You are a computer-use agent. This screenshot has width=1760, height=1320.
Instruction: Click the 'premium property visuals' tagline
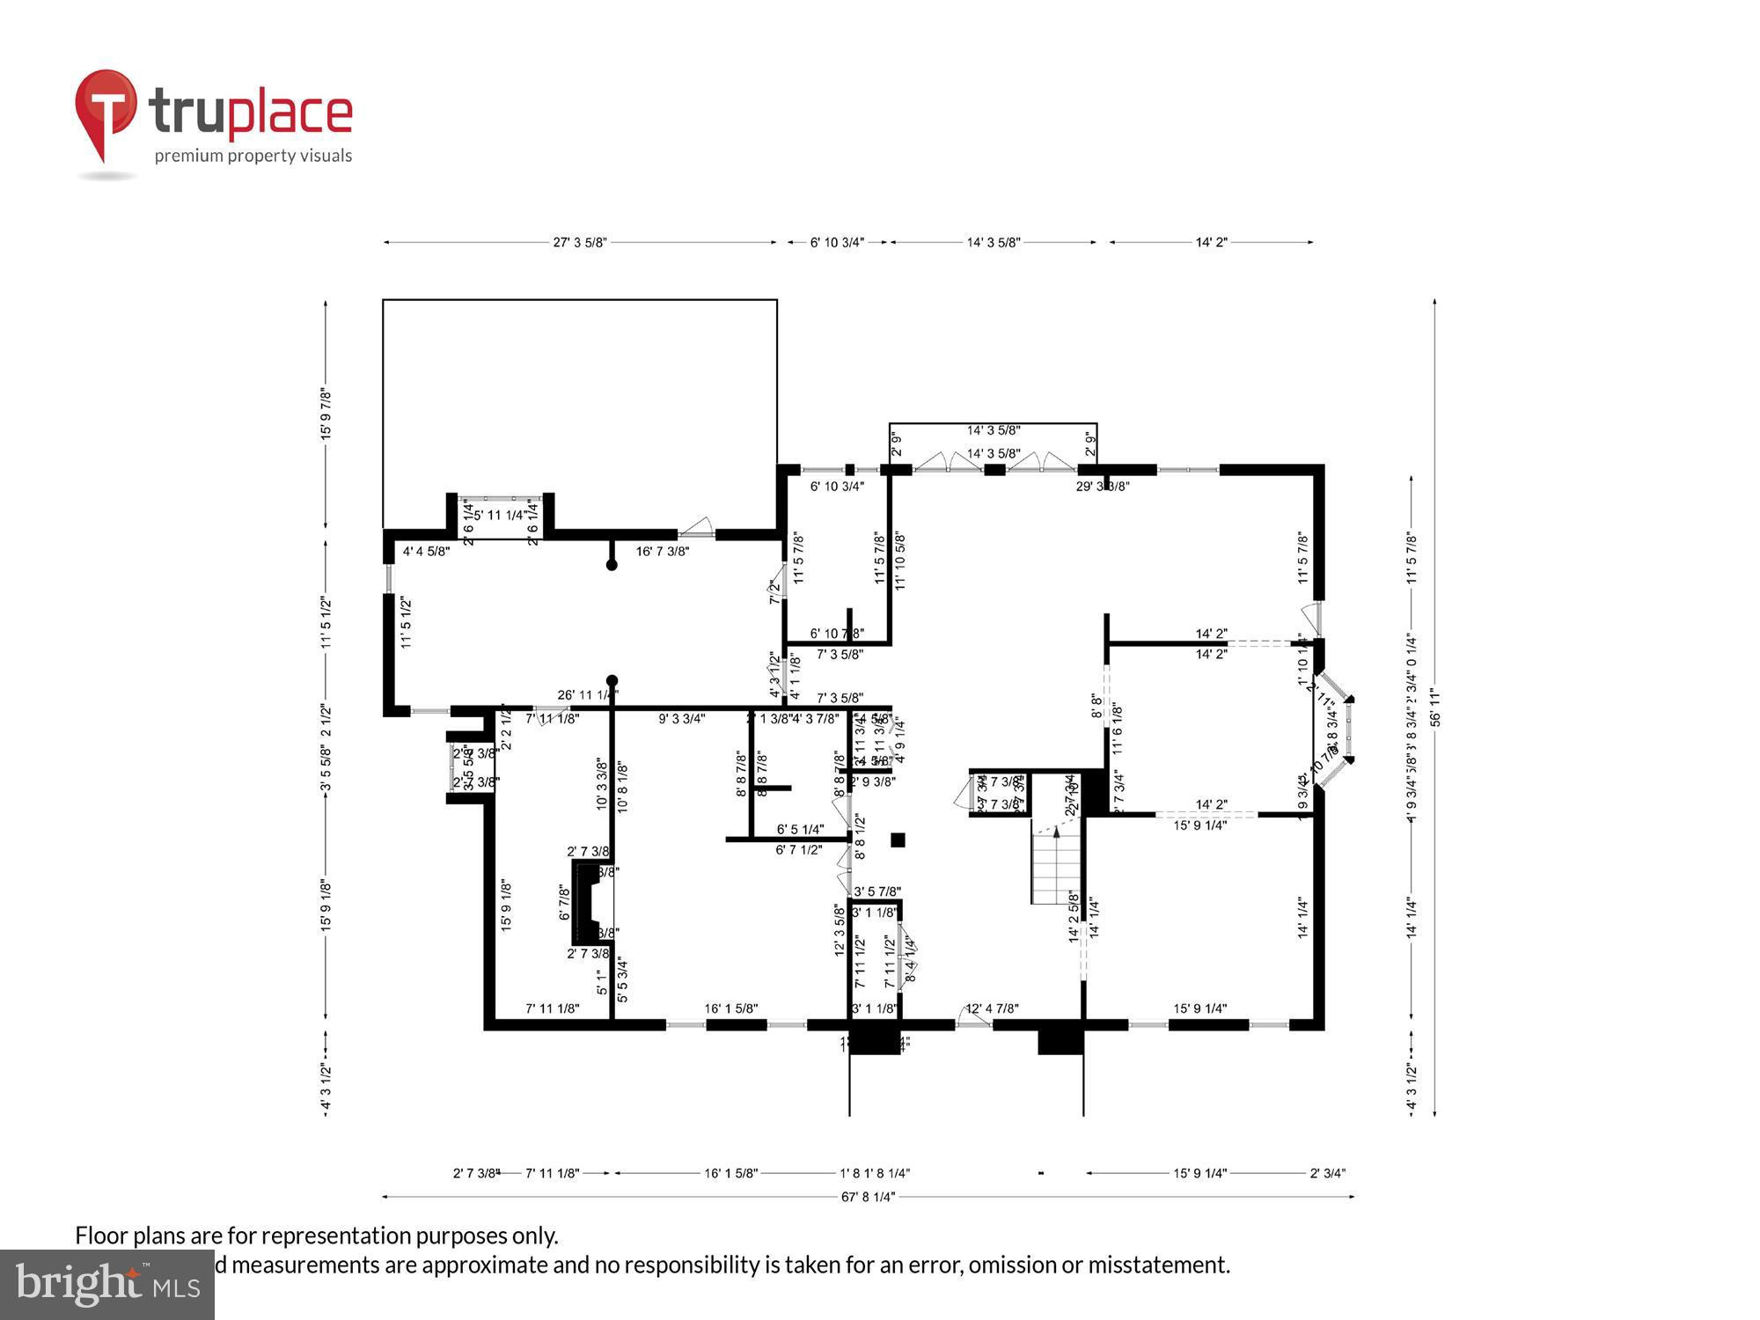click(x=253, y=156)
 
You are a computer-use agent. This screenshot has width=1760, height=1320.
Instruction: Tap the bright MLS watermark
click(x=106, y=1285)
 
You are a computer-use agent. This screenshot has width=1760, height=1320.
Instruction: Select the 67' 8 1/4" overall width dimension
click(x=868, y=1197)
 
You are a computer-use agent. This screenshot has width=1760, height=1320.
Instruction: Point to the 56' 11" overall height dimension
click(x=1435, y=707)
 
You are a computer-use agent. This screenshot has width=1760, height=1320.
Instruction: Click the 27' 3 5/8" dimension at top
click(x=580, y=242)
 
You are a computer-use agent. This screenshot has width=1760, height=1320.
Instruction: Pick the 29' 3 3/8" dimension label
click(x=1103, y=486)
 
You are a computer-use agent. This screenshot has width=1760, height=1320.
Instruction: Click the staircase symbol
click(x=1056, y=867)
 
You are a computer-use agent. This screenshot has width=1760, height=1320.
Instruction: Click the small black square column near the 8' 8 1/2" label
click(x=898, y=840)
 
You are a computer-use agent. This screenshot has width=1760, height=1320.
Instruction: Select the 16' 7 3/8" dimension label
click(x=663, y=552)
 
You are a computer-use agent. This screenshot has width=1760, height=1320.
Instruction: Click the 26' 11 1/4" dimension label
click(x=588, y=695)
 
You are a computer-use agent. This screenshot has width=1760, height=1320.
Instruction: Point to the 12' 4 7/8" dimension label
click(x=993, y=1008)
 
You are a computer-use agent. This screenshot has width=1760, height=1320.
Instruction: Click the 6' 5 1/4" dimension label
click(x=800, y=829)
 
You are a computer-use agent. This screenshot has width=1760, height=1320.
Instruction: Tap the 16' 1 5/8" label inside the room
click(x=730, y=1008)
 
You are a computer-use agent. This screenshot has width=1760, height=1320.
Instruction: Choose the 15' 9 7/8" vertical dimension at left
click(x=326, y=414)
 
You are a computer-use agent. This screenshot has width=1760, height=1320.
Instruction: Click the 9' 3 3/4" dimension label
click(x=682, y=719)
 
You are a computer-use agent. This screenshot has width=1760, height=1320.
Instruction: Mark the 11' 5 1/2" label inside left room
click(x=407, y=622)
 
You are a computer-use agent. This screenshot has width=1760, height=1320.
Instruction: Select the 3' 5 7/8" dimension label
click(x=877, y=891)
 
